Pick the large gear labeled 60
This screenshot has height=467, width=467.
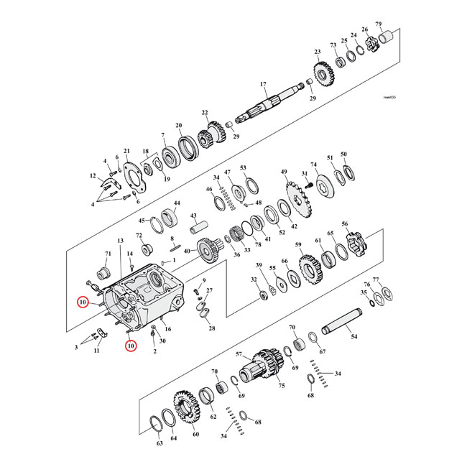(x=185, y=409)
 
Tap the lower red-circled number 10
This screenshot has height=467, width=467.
(x=130, y=346)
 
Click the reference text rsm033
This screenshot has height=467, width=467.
(x=389, y=96)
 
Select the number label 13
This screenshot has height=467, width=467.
(x=120, y=240)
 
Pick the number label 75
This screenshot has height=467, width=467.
(x=281, y=386)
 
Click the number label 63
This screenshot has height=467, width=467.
(x=159, y=445)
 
